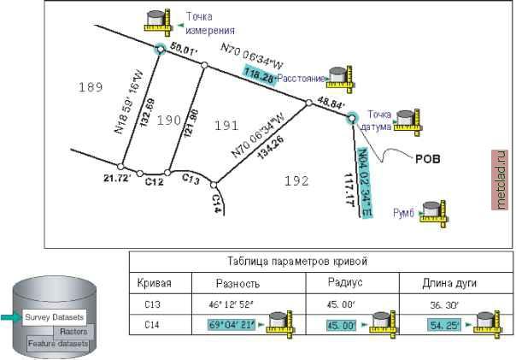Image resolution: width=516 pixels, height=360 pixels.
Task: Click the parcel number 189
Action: [89, 87]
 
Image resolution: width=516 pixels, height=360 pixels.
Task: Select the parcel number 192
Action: [296, 180]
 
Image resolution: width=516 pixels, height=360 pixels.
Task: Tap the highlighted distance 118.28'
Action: [259, 75]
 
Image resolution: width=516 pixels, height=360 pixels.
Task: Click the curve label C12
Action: [154, 180]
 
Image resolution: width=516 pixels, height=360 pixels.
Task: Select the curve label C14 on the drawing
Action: [216, 203]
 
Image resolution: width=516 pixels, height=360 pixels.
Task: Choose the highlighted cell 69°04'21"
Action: [232, 325]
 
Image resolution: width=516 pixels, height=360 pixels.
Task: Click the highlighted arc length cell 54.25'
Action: [446, 325]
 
